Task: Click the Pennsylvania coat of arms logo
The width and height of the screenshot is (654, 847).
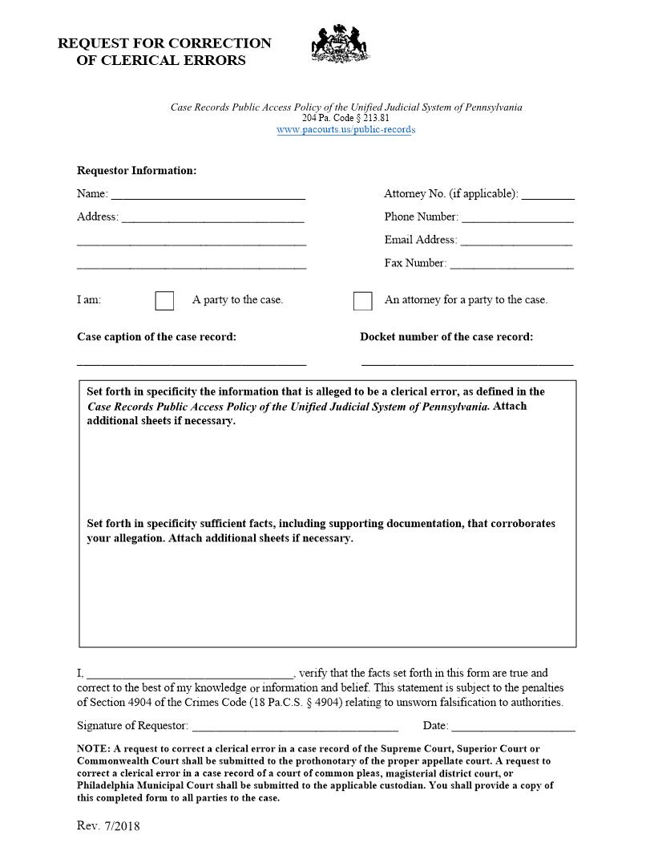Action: (340, 44)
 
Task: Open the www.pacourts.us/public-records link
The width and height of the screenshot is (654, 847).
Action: (346, 130)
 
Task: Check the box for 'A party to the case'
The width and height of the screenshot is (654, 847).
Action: (164, 301)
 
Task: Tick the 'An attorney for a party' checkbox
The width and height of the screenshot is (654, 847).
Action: (363, 301)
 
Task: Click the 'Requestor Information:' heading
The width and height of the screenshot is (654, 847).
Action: (136, 171)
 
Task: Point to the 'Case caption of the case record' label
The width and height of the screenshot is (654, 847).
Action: (156, 337)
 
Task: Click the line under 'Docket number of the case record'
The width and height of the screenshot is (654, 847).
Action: (467, 363)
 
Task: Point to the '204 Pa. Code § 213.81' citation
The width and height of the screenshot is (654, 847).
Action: (346, 118)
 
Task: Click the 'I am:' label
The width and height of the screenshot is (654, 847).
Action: (89, 300)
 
